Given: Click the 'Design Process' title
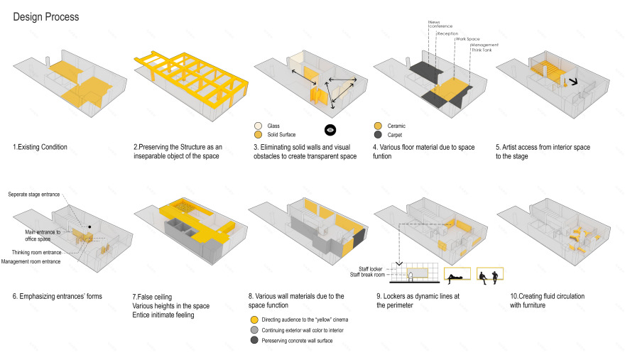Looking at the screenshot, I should [46, 16].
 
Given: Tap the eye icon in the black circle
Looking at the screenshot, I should [330, 130].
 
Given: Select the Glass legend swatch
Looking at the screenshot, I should [258, 126].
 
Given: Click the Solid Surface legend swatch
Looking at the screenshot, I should [258, 134].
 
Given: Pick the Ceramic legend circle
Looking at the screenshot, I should [377, 126].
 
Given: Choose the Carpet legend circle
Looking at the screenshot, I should [377, 134].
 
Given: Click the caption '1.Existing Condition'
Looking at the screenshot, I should [40, 148].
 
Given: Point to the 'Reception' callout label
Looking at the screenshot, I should [447, 33].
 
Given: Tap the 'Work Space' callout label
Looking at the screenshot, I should [466, 39].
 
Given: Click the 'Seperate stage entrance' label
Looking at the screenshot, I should [39, 194].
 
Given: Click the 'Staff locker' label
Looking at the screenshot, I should [370, 268].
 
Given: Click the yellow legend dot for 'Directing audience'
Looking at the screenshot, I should [254, 320].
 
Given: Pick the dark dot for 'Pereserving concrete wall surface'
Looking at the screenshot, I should [254, 341].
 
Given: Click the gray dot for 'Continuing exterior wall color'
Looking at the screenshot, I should [254, 330].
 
